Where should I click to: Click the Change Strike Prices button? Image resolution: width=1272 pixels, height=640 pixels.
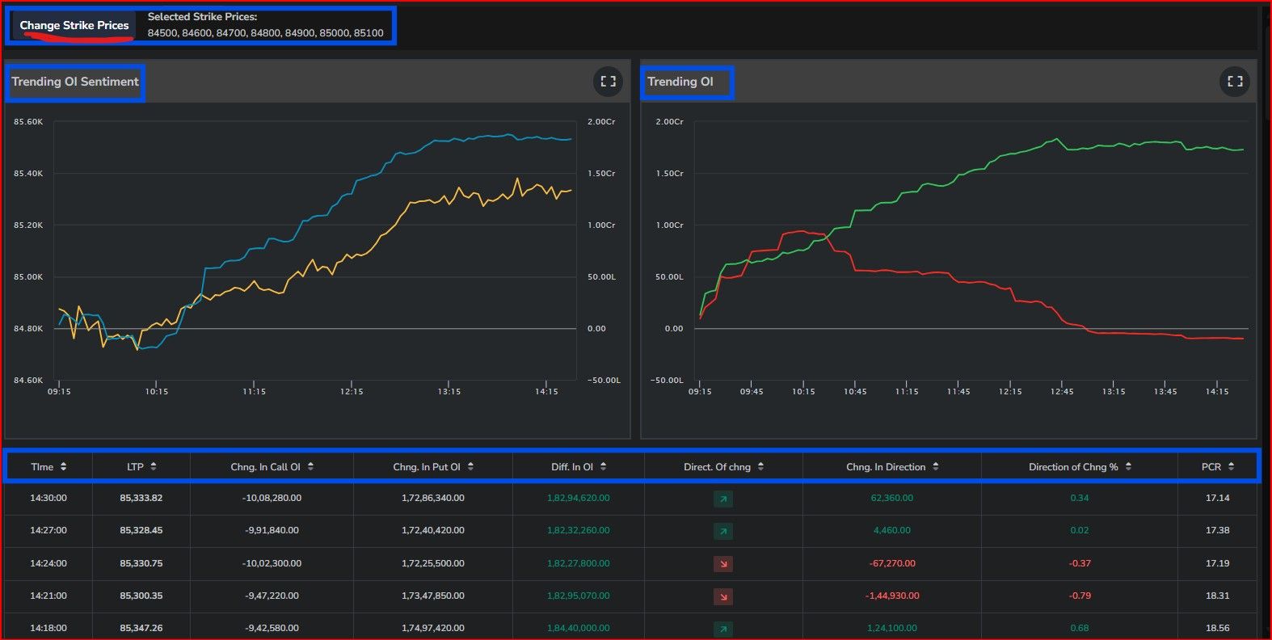74,26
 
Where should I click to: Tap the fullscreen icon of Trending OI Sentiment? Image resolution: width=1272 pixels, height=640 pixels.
609,82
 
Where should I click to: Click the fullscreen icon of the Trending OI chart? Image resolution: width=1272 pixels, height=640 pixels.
1235,82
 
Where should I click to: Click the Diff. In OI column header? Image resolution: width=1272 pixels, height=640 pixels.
578,467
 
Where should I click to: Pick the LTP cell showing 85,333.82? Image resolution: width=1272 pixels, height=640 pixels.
141,498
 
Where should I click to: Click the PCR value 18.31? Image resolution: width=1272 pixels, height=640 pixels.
1218,596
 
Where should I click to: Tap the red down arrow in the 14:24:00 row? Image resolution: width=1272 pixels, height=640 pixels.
723,564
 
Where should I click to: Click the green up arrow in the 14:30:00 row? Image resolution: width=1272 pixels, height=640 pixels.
723,499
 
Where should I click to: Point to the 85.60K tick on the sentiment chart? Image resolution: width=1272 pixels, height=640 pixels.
28,121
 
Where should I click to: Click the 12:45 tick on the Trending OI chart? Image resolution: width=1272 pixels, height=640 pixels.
1061,391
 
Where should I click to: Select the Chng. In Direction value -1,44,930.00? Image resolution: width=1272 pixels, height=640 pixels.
892,596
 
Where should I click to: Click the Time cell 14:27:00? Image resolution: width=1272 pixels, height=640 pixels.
48,530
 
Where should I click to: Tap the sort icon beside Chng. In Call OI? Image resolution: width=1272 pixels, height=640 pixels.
310,466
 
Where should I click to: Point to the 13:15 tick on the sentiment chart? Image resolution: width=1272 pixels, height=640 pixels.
449,391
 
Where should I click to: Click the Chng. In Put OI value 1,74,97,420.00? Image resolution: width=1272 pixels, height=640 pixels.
432,628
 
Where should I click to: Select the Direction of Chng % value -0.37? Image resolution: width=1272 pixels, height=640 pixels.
1080,563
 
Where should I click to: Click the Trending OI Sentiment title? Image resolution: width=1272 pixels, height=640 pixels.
75,82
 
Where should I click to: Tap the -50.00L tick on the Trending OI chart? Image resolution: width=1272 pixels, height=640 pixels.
667,380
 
